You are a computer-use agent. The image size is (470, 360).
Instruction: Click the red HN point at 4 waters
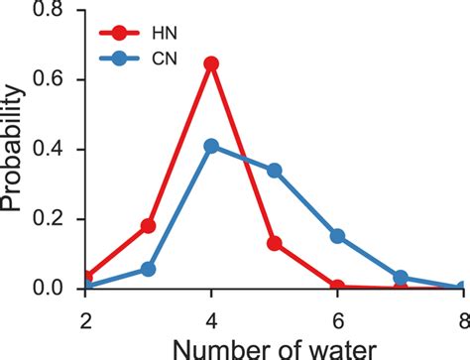[210, 63]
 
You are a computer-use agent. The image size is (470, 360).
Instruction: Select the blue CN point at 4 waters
[210, 146]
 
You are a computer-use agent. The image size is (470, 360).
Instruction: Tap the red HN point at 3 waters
[148, 226]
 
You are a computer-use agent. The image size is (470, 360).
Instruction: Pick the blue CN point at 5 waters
[274, 170]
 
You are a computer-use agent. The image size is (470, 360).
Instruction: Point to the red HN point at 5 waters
[274, 243]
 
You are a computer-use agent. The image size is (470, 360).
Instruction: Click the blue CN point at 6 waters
[337, 236]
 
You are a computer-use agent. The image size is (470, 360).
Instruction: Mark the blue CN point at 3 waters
[148, 269]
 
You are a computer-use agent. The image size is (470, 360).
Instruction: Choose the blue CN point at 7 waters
[401, 278]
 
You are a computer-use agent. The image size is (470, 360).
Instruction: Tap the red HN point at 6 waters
[337, 286]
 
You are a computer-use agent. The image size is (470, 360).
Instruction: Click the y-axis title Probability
[14, 149]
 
